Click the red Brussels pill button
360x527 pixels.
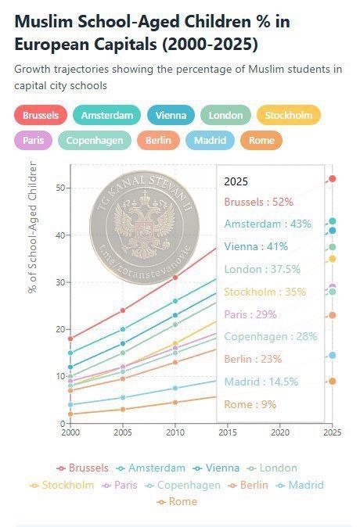(40, 116)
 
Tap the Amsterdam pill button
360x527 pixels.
(106, 116)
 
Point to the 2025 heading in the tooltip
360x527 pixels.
(236, 181)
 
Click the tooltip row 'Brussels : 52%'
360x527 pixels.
(258, 202)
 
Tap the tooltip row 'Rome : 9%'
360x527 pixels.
(249, 404)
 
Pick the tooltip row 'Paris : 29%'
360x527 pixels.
(250, 314)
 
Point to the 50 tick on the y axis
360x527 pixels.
(59, 188)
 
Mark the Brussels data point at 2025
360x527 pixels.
(333, 178)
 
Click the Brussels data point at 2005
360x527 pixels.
(122, 310)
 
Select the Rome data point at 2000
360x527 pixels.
(70, 414)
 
